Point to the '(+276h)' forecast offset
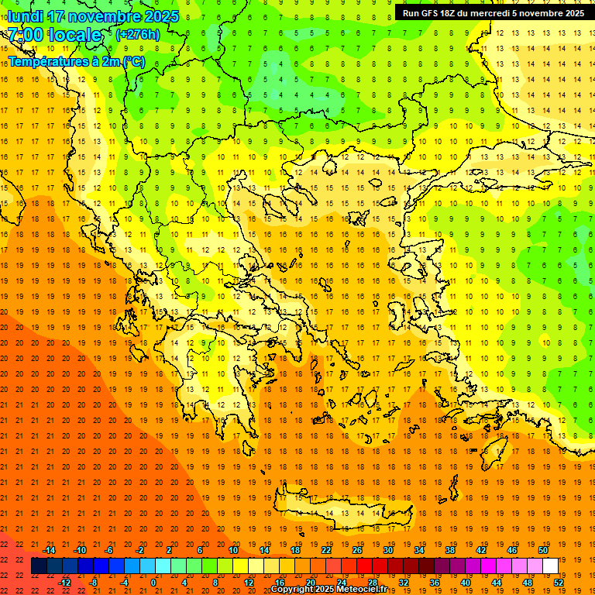pyautogui.click(x=138, y=35)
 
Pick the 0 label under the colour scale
pyautogui.click(x=153, y=582)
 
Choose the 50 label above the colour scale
pyautogui.click(x=543, y=550)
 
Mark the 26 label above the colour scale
pyautogui.click(x=357, y=550)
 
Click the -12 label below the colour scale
pyautogui.click(x=64, y=582)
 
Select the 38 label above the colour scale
pyautogui.click(x=450, y=550)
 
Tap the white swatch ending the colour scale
pyautogui.click(x=550, y=566)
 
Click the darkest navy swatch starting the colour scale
pyautogui.click(x=39, y=566)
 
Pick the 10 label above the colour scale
pyautogui.click(x=233, y=550)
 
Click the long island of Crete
pyautogui.click(x=333, y=507)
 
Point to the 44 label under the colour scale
pyautogui.click(x=497, y=582)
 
